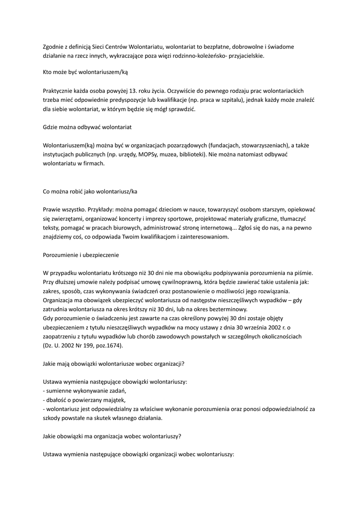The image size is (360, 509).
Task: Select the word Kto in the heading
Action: click(48, 72)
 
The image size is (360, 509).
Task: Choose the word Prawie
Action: click(52, 210)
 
